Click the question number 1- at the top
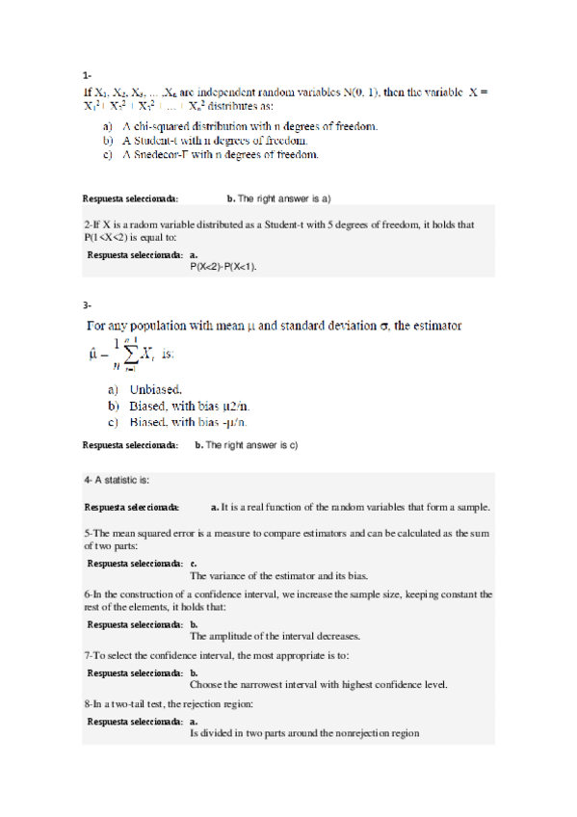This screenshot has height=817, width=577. [x=87, y=74]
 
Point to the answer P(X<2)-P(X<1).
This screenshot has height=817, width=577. [x=227, y=266]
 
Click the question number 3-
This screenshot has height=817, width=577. [x=87, y=305]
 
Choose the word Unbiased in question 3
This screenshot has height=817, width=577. [x=156, y=390]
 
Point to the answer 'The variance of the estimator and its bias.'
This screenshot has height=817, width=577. [x=278, y=576]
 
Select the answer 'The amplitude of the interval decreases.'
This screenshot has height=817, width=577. [x=275, y=636]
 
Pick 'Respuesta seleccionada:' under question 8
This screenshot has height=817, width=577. [x=133, y=721]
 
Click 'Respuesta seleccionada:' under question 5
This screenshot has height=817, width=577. [x=133, y=564]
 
